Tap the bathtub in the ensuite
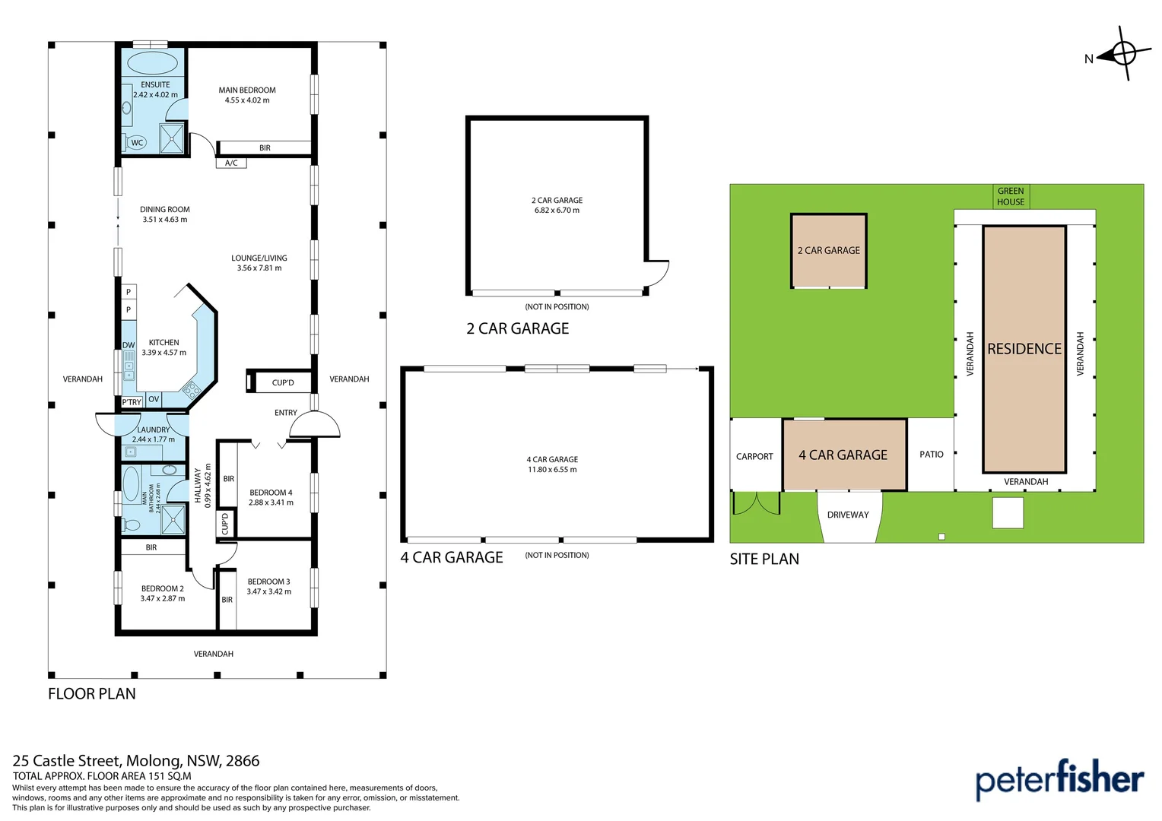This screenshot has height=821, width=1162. pyautogui.click(x=152, y=63)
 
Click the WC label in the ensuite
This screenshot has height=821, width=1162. pyautogui.click(x=137, y=143)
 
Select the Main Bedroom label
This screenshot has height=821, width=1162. pyautogui.click(x=247, y=90)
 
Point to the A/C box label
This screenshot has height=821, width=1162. pyautogui.click(x=231, y=163)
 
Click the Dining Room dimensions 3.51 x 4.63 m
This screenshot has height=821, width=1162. pyautogui.click(x=164, y=220)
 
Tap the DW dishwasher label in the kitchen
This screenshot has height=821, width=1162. pyautogui.click(x=129, y=345)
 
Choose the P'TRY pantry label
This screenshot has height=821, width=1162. pyautogui.click(x=132, y=402)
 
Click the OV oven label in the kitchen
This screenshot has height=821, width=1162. pyautogui.click(x=154, y=399)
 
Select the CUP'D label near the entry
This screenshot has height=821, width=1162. pyautogui.click(x=283, y=382)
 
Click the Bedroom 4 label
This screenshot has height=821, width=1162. pyautogui.click(x=271, y=493)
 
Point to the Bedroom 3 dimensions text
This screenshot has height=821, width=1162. pyautogui.click(x=268, y=591)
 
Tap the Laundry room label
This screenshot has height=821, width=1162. pyautogui.click(x=154, y=430)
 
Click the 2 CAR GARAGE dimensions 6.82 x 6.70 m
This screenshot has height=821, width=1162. pyautogui.click(x=557, y=211)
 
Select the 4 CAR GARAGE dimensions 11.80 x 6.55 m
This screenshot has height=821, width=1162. pyautogui.click(x=552, y=470)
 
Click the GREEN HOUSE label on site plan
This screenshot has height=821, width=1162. pyautogui.click(x=1011, y=196)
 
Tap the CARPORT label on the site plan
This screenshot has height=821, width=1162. pyautogui.click(x=754, y=457)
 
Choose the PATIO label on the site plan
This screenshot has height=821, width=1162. pyautogui.click(x=931, y=455)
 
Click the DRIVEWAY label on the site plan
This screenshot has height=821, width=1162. pyautogui.click(x=848, y=515)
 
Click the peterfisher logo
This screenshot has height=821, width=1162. pyautogui.click(x=1059, y=779)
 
